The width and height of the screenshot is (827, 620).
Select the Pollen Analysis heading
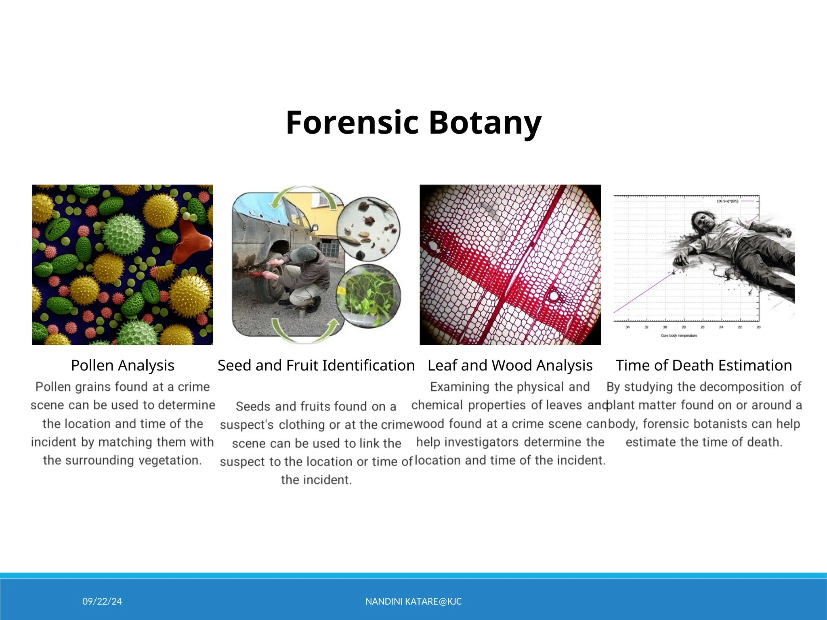pyautogui.click(x=123, y=365)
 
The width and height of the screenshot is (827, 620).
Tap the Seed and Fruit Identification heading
pyautogui.click(x=316, y=365)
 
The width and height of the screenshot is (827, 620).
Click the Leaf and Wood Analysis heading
pyautogui.click(x=510, y=365)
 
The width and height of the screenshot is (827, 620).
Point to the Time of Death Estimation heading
pyautogui.click(x=704, y=365)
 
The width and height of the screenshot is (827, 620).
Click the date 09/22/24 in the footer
pyautogui.click(x=102, y=601)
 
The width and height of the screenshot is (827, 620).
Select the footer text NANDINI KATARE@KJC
pyautogui.click(x=413, y=601)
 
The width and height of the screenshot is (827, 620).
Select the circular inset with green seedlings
pyautogui.click(x=368, y=295)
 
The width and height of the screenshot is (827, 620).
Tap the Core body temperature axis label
pyautogui.click(x=679, y=335)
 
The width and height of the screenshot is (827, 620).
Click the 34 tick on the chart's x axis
pyautogui.click(x=628, y=327)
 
